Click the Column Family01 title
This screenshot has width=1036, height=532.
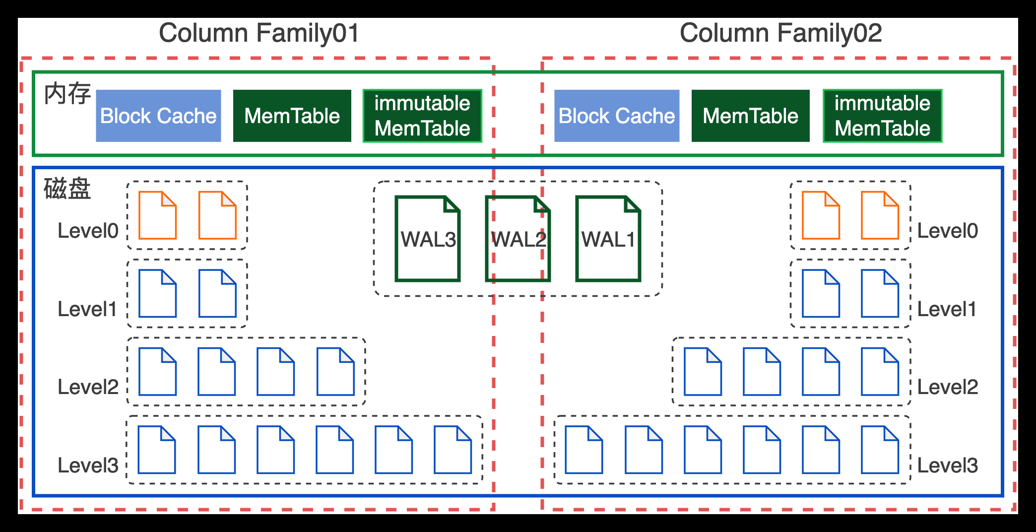(x=259, y=33)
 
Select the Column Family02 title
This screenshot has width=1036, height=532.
(x=780, y=33)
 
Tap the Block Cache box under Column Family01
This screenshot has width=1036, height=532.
(x=158, y=116)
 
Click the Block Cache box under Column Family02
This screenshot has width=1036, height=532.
(x=617, y=116)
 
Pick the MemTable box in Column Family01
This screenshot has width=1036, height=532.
(x=292, y=116)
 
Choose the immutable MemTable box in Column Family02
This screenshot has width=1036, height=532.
(x=882, y=116)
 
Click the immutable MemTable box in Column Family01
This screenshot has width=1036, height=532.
(x=422, y=116)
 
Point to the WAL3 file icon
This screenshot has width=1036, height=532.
(x=428, y=239)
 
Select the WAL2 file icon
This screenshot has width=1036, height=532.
(x=518, y=239)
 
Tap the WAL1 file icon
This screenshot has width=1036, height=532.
(x=608, y=239)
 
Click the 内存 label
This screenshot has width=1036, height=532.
(x=67, y=94)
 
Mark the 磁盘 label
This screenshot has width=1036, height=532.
(x=67, y=189)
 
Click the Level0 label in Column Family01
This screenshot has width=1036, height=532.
(x=88, y=231)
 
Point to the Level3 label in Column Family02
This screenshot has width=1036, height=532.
(x=947, y=465)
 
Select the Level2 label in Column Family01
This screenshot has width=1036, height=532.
(x=88, y=387)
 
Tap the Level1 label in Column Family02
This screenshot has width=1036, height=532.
(x=946, y=309)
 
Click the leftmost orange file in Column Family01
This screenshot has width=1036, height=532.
(x=157, y=215)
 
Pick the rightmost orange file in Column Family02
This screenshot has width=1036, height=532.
(x=880, y=215)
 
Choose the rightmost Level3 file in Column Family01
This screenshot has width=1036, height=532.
(x=453, y=450)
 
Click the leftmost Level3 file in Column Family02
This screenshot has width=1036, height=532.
(x=584, y=450)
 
